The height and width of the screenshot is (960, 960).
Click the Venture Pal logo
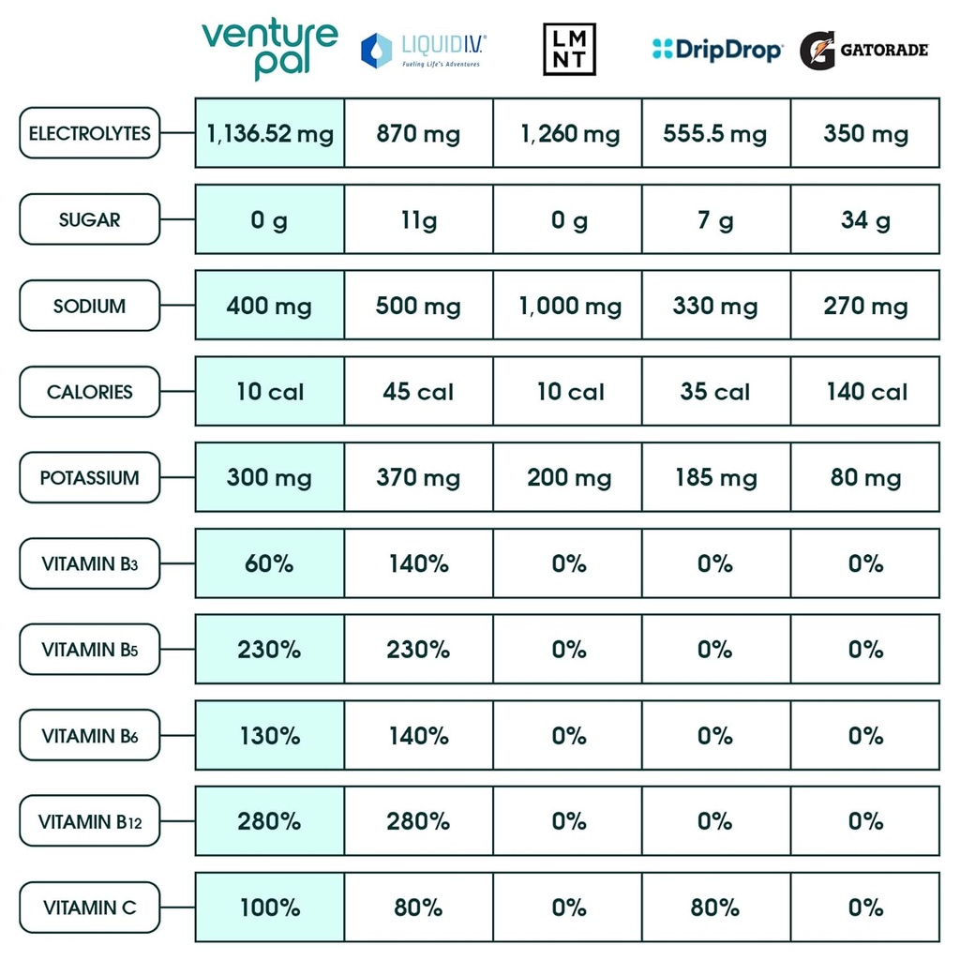tap(269, 49)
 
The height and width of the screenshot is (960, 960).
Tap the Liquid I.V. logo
tap(424, 50)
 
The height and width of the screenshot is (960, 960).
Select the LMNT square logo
tap(569, 50)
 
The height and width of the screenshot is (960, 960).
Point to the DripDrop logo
tap(717, 50)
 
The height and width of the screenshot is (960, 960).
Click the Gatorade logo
tap(863, 50)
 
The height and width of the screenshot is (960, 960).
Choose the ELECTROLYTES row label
tap(89, 133)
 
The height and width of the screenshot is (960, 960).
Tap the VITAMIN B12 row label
tap(89, 822)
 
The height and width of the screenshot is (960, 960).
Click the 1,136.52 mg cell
tap(270, 133)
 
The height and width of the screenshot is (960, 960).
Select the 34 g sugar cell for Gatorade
tap(865, 219)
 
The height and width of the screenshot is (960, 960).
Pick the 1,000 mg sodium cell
tap(568, 306)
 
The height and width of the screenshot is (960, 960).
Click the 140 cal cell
tap(865, 392)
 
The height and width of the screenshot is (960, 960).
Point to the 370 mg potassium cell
tap(418, 478)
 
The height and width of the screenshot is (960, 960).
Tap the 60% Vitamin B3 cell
tap(270, 563)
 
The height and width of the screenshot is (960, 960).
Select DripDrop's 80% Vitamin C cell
tap(716, 907)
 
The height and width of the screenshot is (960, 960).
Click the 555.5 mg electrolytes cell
tap(716, 133)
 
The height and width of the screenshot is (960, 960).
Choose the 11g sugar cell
tap(418, 219)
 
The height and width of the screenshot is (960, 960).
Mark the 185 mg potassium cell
tap(716, 478)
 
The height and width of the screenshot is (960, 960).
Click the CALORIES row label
tap(89, 392)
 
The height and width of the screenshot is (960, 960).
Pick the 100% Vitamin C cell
tap(270, 907)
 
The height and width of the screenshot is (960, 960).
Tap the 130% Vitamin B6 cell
tap(270, 736)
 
